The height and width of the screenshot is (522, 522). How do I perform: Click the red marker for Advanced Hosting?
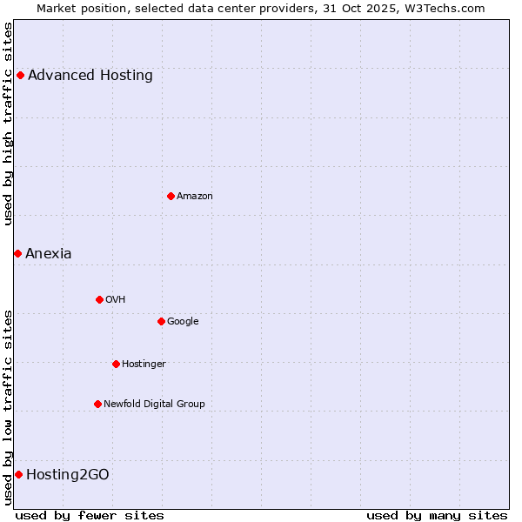click(20, 75)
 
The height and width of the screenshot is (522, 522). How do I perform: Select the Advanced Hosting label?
click(90, 76)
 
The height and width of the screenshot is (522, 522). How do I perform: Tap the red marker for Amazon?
click(171, 196)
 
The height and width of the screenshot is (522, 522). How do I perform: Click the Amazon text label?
click(195, 197)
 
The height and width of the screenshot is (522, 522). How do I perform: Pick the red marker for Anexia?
click(17, 253)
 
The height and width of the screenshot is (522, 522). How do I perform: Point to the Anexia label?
click(49, 254)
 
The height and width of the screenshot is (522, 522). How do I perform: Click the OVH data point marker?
click(99, 299)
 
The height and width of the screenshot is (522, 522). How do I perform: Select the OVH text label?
click(116, 300)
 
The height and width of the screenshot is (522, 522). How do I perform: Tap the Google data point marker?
click(161, 321)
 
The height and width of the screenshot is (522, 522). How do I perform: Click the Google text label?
click(183, 322)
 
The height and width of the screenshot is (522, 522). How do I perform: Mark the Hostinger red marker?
click(116, 364)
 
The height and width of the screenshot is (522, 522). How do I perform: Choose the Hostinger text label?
click(144, 365)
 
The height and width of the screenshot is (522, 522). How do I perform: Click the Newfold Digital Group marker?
click(97, 404)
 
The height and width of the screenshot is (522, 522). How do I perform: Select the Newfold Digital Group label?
click(154, 405)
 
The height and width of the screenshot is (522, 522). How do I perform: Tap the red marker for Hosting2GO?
click(18, 474)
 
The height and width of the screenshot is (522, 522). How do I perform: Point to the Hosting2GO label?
click(68, 475)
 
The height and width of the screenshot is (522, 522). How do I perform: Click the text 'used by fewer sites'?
click(90, 515)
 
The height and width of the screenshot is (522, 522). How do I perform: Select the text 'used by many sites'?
click(437, 515)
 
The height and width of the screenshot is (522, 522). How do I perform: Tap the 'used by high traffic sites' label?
click(8, 124)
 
